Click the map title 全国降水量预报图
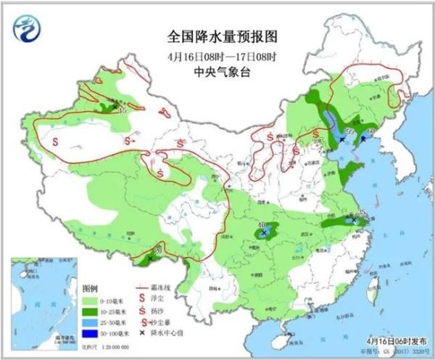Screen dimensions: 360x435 coord(217,36)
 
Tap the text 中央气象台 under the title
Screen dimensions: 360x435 coord(217,72)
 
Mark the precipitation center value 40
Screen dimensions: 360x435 coord(262,226)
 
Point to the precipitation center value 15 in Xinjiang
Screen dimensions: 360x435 coord(122,111)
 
